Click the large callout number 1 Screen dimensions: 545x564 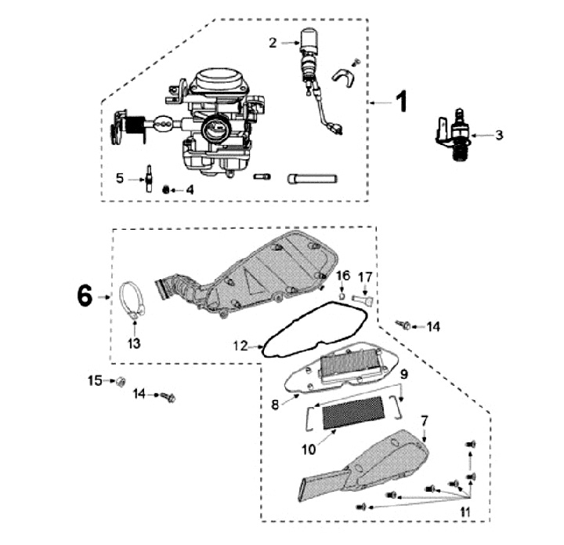(x=400, y=102)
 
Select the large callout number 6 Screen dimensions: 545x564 (x=85, y=296)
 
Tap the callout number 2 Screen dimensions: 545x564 (x=273, y=43)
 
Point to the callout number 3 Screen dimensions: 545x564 (x=499, y=135)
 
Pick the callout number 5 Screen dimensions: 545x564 (x=120, y=178)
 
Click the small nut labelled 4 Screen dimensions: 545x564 (x=166, y=190)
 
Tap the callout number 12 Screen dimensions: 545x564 (x=240, y=344)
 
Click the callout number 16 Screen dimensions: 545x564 (x=343, y=275)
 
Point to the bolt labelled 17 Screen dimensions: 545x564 (x=363, y=298)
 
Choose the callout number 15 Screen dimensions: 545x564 (x=95, y=381)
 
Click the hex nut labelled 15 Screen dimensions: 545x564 (x=121, y=383)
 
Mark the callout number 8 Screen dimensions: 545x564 (x=276, y=405)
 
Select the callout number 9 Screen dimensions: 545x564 (x=403, y=374)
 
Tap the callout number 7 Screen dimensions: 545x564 (x=424, y=421)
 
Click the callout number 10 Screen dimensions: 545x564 (x=307, y=449)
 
